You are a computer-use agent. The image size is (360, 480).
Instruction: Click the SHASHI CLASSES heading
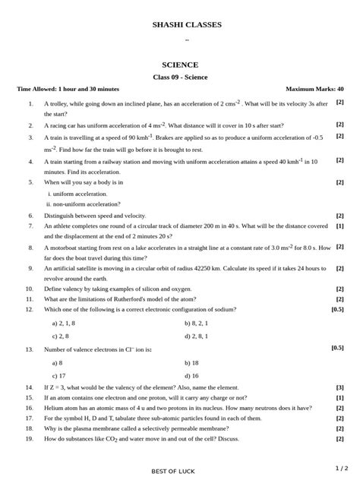click(187, 25)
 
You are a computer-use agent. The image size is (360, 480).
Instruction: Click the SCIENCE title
click(180, 65)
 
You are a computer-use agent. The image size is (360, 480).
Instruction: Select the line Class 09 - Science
click(180, 77)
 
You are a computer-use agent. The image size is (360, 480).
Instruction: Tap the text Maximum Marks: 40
click(314, 90)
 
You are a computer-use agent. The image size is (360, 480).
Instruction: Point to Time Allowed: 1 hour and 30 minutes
click(68, 90)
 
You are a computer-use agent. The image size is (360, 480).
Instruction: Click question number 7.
click(30, 226)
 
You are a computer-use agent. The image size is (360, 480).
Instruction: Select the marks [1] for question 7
click(339, 226)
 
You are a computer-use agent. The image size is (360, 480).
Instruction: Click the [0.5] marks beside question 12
click(337, 309)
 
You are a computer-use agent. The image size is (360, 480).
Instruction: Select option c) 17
click(59, 375)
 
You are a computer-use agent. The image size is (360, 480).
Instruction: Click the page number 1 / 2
click(341, 468)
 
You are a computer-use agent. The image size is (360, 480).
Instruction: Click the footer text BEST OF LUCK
click(172, 472)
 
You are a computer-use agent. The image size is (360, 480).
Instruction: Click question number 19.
click(30, 439)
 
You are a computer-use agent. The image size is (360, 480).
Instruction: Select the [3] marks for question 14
click(339, 387)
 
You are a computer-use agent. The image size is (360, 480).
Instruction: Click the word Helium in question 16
click(53, 408)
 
